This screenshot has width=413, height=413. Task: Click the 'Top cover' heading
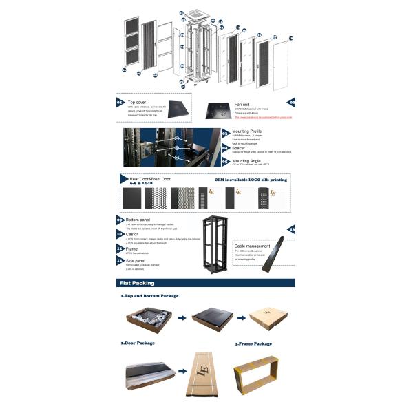[137, 101]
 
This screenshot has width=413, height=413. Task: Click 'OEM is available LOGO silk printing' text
[251, 180]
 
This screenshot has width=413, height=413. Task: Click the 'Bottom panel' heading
[140, 219]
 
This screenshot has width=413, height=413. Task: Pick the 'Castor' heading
[134, 234]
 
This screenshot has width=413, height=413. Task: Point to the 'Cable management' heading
[255, 245]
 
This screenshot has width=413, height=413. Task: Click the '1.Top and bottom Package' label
[149, 296]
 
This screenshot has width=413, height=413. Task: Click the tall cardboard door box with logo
[204, 372]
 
